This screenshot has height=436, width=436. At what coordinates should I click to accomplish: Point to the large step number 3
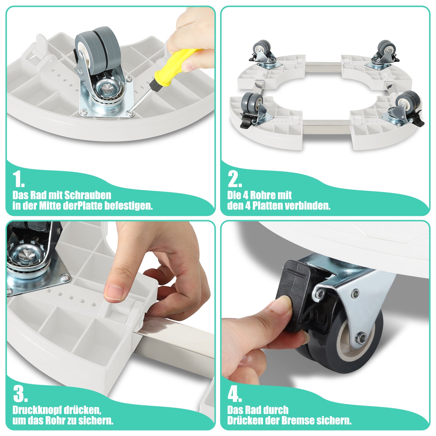[20, 394]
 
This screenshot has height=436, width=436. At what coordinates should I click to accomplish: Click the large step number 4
[235, 394]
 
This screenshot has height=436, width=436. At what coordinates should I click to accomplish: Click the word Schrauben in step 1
[87, 195]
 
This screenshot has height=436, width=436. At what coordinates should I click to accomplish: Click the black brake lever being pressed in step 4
[294, 294]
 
